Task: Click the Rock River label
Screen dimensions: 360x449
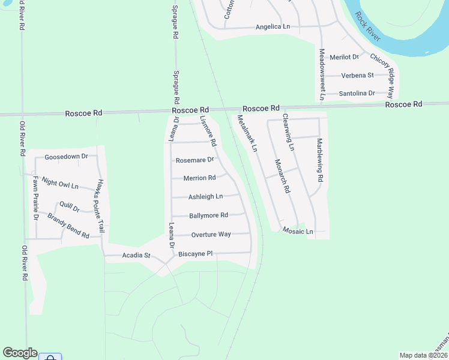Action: (368, 26)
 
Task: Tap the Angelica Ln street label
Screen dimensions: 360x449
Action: (273, 27)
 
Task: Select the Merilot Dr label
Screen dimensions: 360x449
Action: (344, 57)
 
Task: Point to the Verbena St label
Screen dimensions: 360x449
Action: (357, 75)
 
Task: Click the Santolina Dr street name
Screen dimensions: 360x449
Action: (357, 94)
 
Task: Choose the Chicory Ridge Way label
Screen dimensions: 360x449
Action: (382, 76)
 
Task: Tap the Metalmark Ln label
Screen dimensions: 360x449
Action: (247, 133)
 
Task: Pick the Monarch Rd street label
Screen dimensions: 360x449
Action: (282, 176)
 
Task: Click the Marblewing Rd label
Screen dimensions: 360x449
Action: (320, 160)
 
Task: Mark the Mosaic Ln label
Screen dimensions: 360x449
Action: (298, 231)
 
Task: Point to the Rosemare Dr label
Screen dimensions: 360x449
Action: (195, 160)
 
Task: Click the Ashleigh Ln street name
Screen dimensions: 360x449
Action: (206, 197)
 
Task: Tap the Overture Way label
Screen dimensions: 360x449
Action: (211, 234)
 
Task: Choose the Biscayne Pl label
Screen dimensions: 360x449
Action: (196, 254)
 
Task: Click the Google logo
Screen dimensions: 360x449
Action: (20, 353)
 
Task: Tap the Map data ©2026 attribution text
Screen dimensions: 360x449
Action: (423, 355)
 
